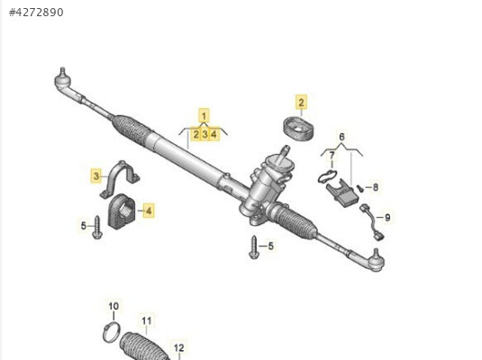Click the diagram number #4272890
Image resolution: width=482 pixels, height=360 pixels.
point(36,13)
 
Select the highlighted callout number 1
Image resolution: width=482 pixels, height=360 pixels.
point(204,116)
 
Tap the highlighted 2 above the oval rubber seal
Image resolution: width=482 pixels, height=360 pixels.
point(301,102)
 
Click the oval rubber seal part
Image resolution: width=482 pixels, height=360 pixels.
point(298,129)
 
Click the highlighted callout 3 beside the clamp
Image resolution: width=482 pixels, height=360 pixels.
point(96,176)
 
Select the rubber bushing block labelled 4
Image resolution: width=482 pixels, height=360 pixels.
point(122,211)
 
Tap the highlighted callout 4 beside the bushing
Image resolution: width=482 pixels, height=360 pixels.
point(149,211)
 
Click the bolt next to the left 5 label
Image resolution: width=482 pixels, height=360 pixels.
point(97,228)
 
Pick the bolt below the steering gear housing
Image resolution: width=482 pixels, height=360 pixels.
point(254,247)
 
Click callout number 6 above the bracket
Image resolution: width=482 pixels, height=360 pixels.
point(341,137)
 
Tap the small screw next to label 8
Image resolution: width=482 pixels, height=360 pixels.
point(360,188)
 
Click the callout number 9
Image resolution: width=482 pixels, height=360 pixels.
point(387,218)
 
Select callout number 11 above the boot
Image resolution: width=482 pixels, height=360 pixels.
point(147,321)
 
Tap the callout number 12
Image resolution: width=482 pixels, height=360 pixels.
point(178,348)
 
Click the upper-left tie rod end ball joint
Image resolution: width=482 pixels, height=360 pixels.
point(63,80)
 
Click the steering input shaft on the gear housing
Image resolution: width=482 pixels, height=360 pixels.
point(284,151)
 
